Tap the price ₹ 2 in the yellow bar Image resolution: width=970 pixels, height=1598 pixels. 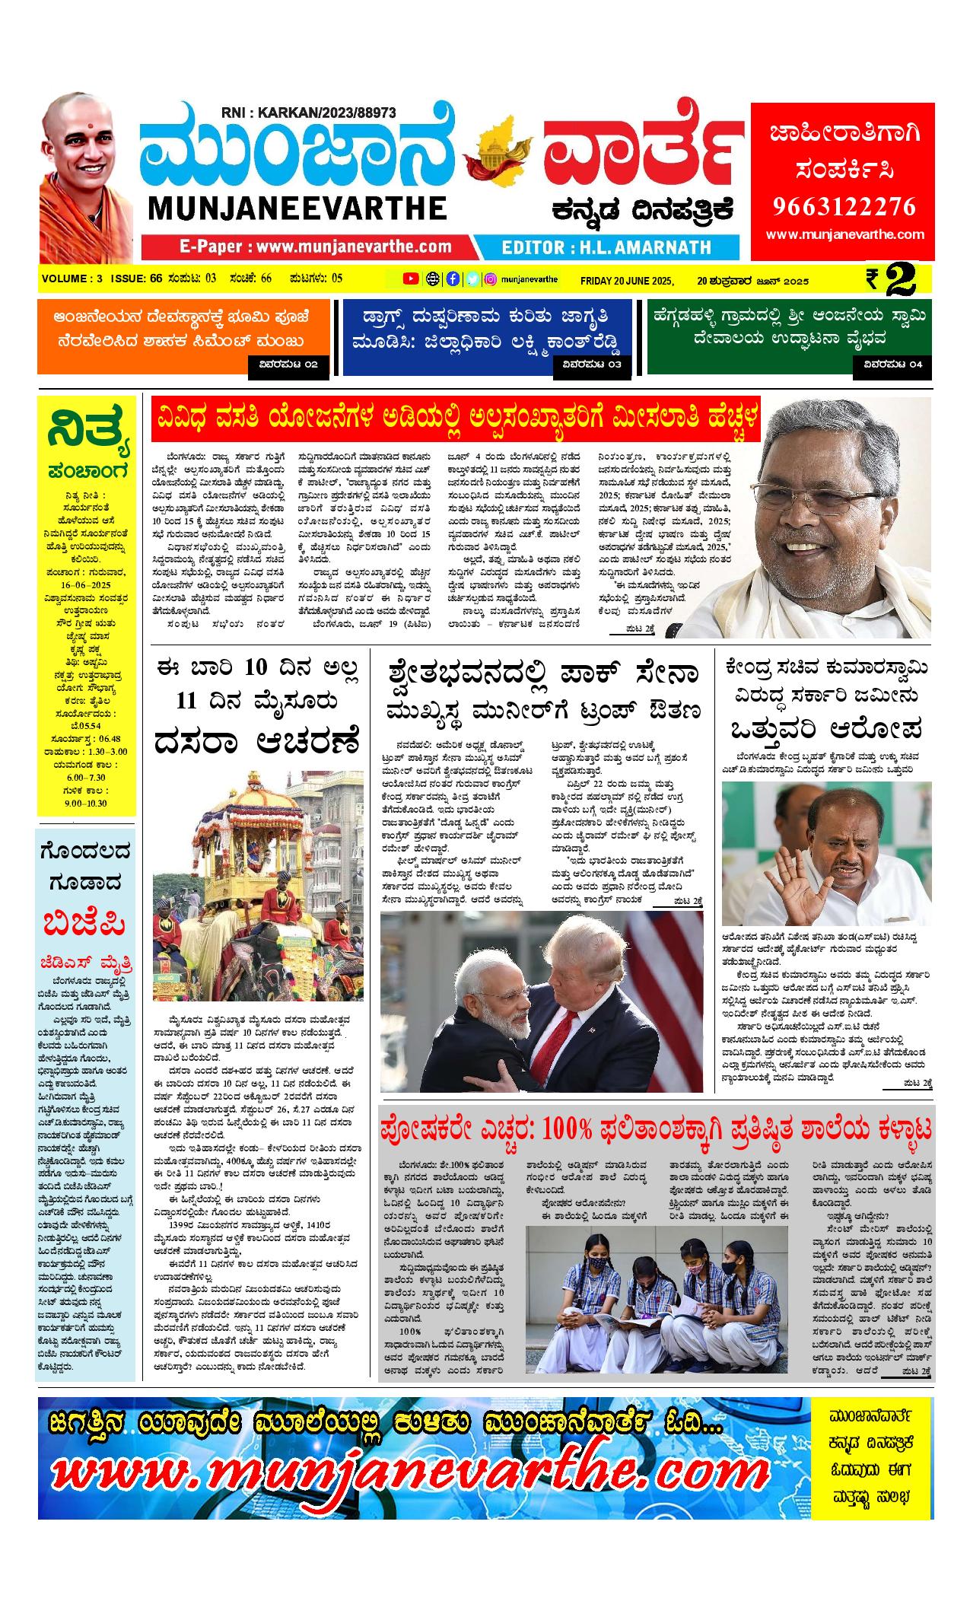(x=898, y=280)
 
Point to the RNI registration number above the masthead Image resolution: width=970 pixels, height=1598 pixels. (x=309, y=113)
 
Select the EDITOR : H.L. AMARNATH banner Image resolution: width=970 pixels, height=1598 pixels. (x=606, y=247)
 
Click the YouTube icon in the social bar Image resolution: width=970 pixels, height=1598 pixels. (x=411, y=279)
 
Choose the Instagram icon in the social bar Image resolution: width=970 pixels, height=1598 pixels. (x=491, y=279)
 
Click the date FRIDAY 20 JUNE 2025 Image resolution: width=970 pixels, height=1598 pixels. (x=627, y=281)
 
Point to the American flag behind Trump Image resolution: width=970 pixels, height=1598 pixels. (x=670, y=982)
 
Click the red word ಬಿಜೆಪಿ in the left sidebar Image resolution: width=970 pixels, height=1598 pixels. (x=85, y=925)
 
